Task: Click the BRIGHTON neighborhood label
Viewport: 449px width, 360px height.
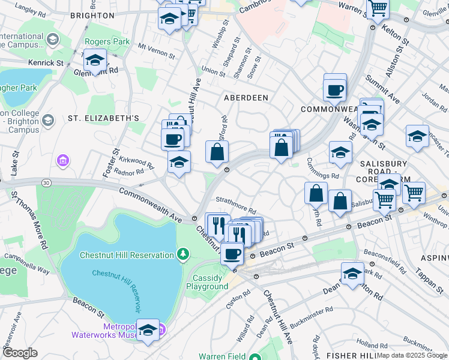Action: coord(92,15)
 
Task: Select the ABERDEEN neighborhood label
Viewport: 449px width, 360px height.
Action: coord(246,97)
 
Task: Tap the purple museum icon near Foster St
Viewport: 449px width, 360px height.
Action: coord(63,161)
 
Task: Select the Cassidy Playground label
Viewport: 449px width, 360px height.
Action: coord(210,282)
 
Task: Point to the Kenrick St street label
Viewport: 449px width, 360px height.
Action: coord(46,62)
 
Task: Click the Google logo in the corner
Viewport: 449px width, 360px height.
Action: coord(20,353)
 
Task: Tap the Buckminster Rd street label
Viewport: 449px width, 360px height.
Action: coord(311,318)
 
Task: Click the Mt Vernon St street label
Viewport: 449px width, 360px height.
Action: coord(156,50)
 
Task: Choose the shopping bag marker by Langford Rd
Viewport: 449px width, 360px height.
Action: coord(217,152)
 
